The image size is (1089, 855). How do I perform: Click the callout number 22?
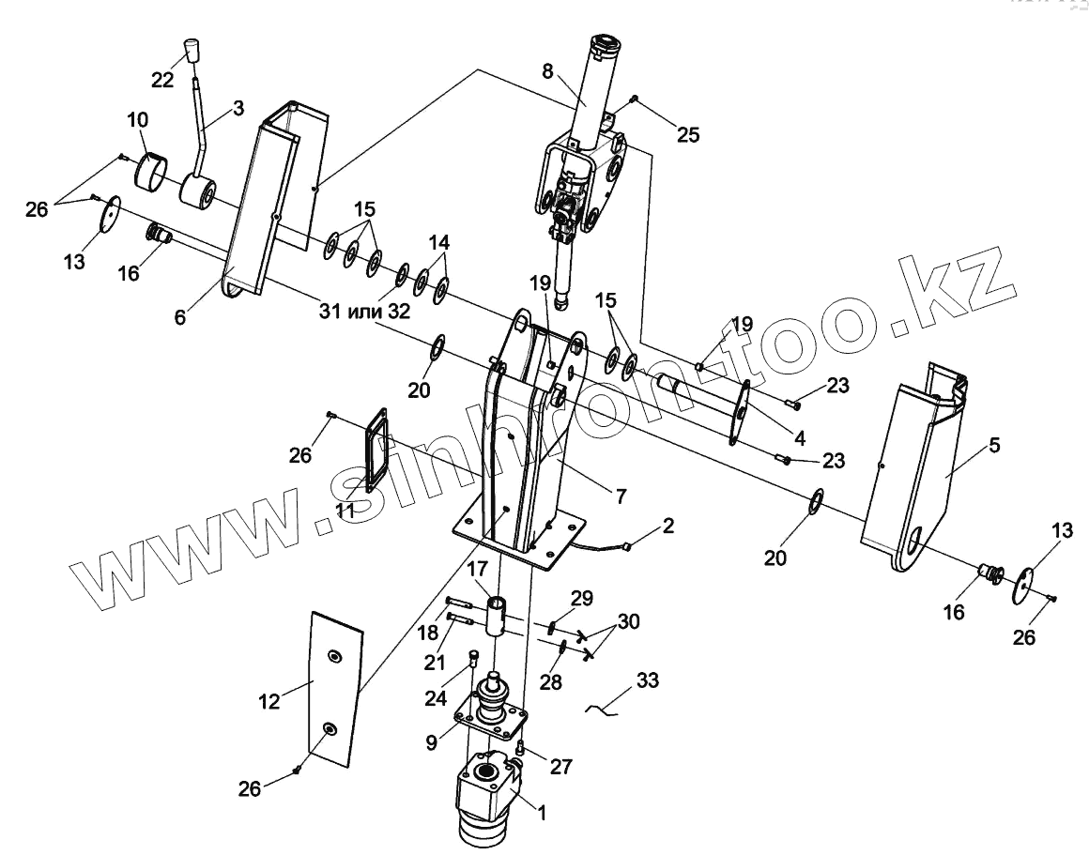point(162,80)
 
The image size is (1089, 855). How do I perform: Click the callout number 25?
point(688,134)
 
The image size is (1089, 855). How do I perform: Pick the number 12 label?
point(269,701)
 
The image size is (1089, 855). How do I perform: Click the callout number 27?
point(560,766)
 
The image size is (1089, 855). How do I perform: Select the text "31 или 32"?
point(362,312)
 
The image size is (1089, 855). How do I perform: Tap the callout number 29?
point(582,597)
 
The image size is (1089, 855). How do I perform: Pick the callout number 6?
point(180,317)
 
